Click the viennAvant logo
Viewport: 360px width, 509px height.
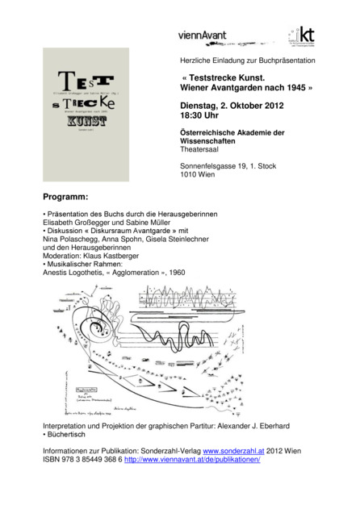(202, 35)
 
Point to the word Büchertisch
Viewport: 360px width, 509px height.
(68, 436)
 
